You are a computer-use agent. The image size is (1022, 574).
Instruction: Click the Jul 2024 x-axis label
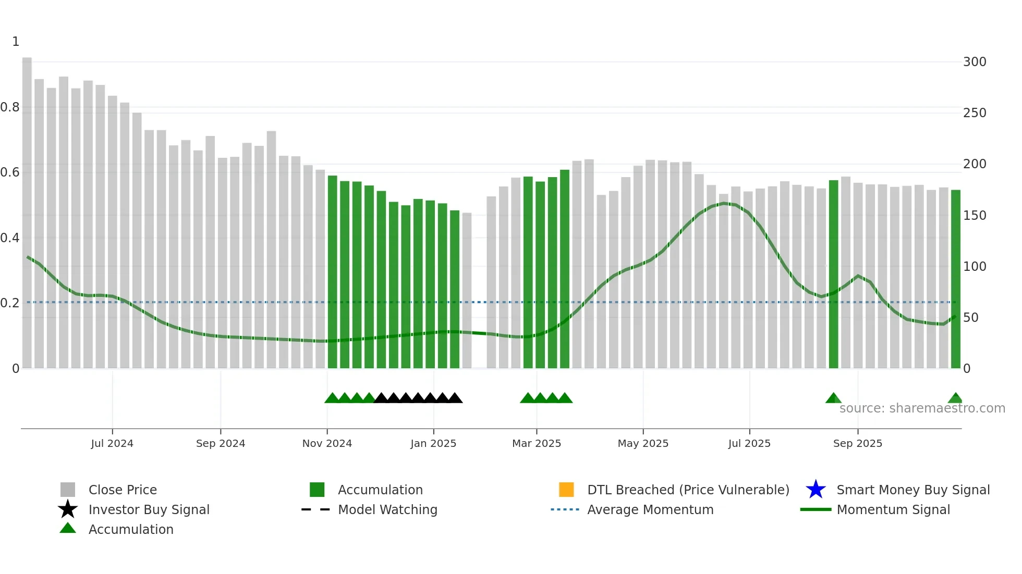[x=112, y=443]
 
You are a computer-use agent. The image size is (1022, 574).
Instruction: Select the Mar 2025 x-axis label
[x=537, y=443]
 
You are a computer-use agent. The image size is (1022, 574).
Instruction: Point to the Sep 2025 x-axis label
[x=858, y=443]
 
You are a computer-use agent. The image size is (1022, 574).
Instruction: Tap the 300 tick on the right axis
[x=975, y=62]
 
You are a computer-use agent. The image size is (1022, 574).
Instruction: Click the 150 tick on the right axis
[x=975, y=216]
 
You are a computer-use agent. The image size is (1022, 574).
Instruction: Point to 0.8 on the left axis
[x=10, y=107]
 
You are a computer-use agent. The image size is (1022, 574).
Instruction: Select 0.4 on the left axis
[x=10, y=238]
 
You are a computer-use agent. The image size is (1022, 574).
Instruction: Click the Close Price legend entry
[x=123, y=490]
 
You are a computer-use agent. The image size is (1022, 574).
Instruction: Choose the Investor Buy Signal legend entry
[x=149, y=509]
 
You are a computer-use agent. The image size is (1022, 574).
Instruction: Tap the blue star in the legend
[x=816, y=490]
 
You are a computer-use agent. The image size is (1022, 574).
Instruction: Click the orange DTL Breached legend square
[x=566, y=490]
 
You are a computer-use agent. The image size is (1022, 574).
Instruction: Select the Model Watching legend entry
[x=387, y=509]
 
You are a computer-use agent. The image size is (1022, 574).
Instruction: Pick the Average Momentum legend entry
[x=650, y=509]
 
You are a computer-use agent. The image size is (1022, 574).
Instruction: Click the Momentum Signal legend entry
[x=893, y=509]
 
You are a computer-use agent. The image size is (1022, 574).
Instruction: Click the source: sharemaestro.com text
[x=922, y=408]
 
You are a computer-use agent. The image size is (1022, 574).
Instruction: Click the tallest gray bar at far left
[x=27, y=214]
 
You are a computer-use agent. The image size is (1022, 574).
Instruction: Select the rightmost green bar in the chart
[x=956, y=279]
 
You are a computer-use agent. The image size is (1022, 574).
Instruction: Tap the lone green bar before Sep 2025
[x=834, y=274]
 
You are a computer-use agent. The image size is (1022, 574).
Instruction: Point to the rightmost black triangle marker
[x=455, y=398]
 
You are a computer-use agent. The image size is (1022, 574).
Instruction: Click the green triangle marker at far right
[x=955, y=398]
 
